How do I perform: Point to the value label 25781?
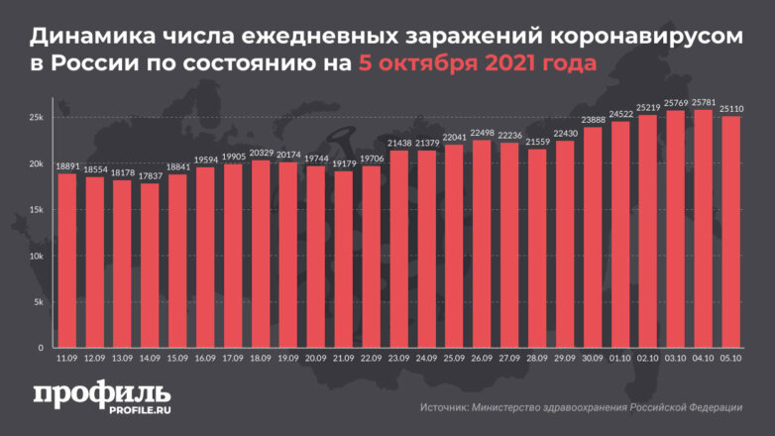point(704,102)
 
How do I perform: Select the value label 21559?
point(537,142)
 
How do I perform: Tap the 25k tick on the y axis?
point(35,117)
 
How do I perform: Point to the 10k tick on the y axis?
point(35,256)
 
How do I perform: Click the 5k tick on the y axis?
point(37,302)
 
